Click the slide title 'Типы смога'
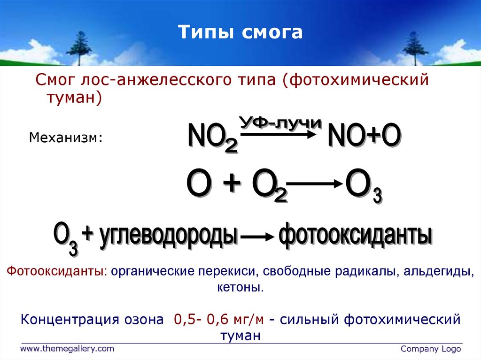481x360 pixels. tap(240, 32)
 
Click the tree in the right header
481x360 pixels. tap(415, 46)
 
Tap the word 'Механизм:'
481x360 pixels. tap(66, 138)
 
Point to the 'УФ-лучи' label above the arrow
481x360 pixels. tap(280, 123)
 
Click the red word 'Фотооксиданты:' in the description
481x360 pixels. tap(56, 272)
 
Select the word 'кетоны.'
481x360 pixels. tap(240, 287)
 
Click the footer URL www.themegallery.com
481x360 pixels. tap(67, 348)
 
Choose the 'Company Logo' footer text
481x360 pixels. tap(431, 349)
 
